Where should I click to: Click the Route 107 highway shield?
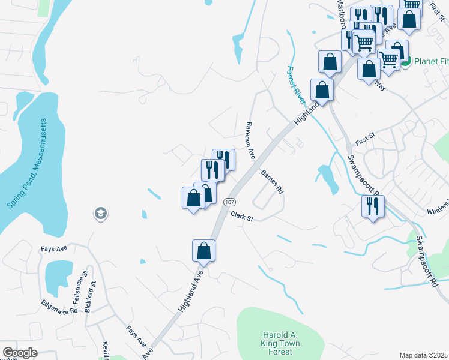click(230, 202)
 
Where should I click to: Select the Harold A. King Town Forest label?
click(281, 343)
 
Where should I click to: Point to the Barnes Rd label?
click(272, 182)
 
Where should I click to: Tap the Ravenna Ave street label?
click(250, 139)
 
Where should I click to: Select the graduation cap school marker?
click(100, 213)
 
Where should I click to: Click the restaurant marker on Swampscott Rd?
click(372, 206)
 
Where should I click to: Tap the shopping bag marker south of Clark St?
click(203, 250)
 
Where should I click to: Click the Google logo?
click(20, 353)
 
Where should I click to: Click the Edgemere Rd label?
click(60, 307)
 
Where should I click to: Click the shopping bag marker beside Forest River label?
click(322, 90)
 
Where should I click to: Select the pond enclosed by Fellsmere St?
click(58, 278)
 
